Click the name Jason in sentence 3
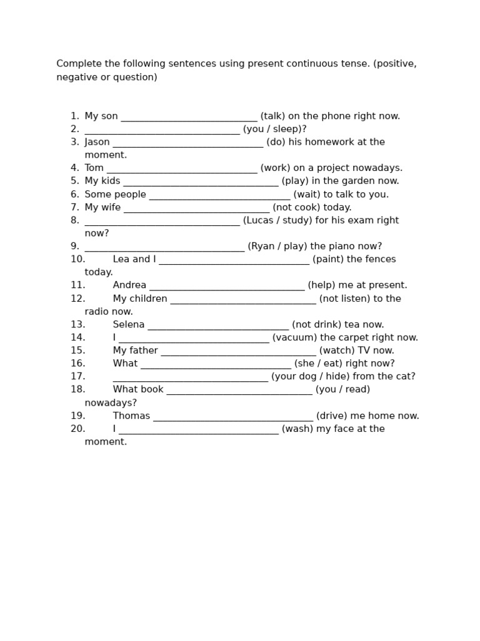click(97, 142)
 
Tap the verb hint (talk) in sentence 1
click(272, 116)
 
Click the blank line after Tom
click(182, 168)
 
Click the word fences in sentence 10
click(380, 259)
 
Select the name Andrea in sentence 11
click(129, 285)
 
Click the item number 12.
click(77, 299)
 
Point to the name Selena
click(129, 324)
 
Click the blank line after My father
click(238, 351)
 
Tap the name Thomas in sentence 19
click(131, 416)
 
